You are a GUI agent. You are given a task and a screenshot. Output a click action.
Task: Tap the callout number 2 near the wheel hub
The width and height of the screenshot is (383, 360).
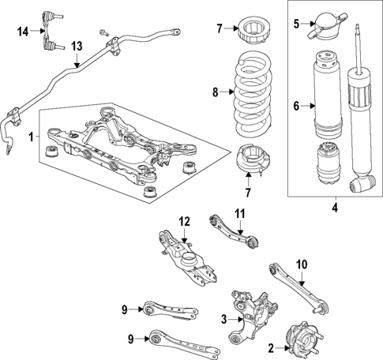[x=272, y=348]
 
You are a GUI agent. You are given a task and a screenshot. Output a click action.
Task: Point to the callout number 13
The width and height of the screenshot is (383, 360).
[x=75, y=47]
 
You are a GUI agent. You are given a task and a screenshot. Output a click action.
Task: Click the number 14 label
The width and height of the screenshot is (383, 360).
[x=23, y=31]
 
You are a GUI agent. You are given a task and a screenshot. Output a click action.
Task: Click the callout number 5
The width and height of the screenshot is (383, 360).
[x=297, y=24]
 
